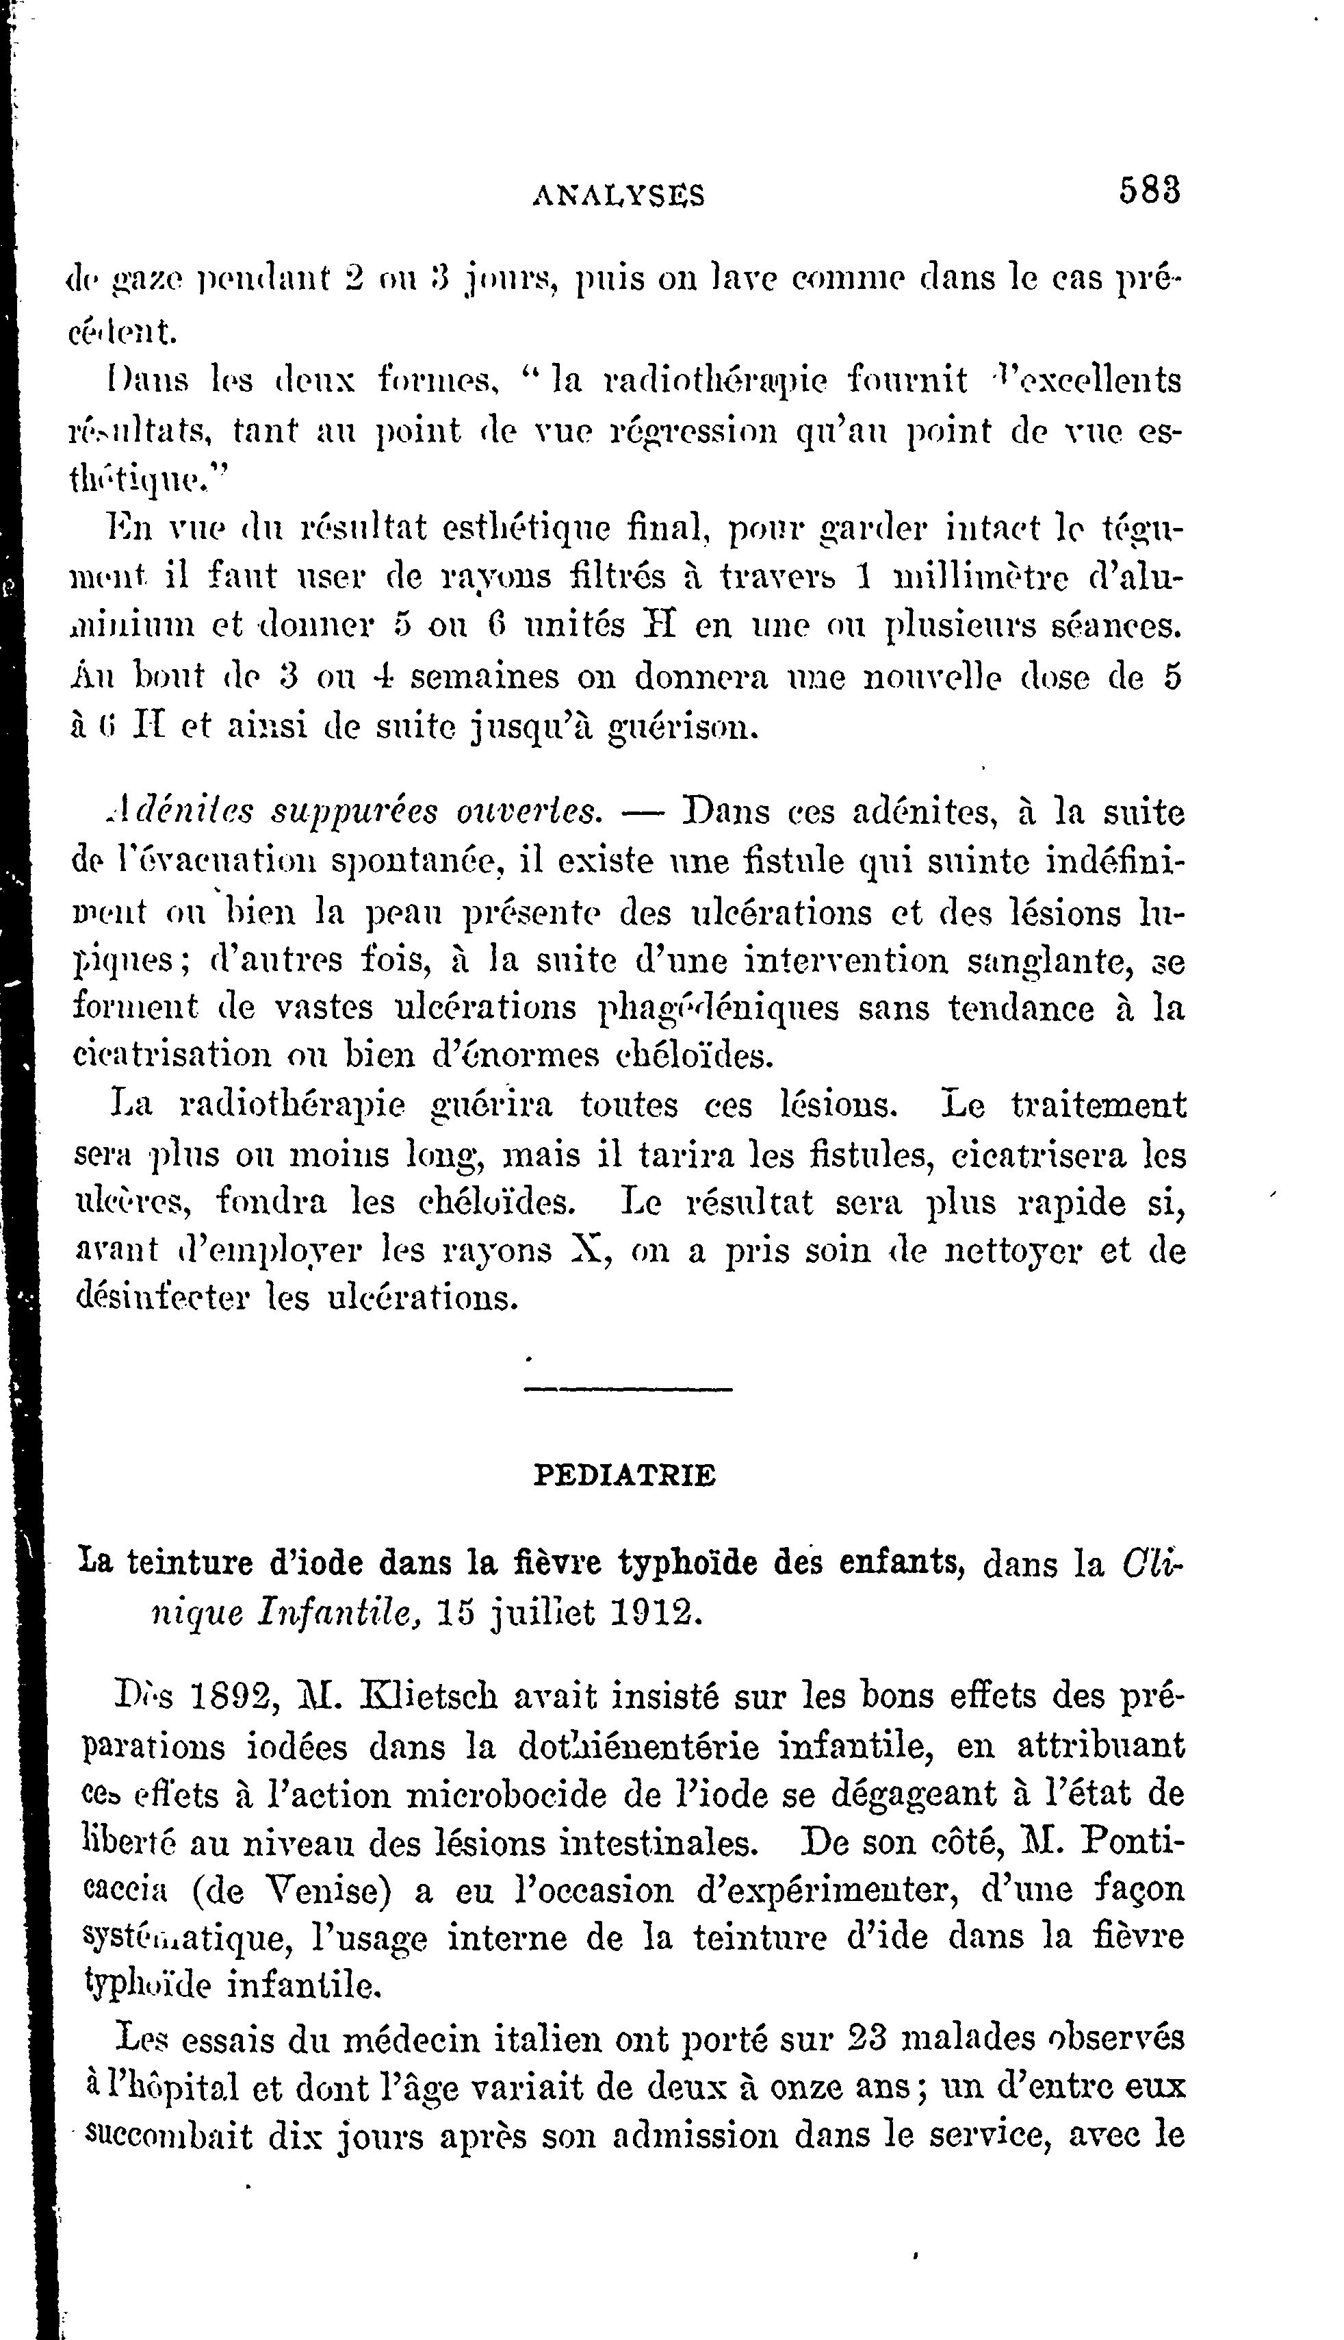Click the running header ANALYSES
tap(619, 195)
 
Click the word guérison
tap(684, 728)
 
